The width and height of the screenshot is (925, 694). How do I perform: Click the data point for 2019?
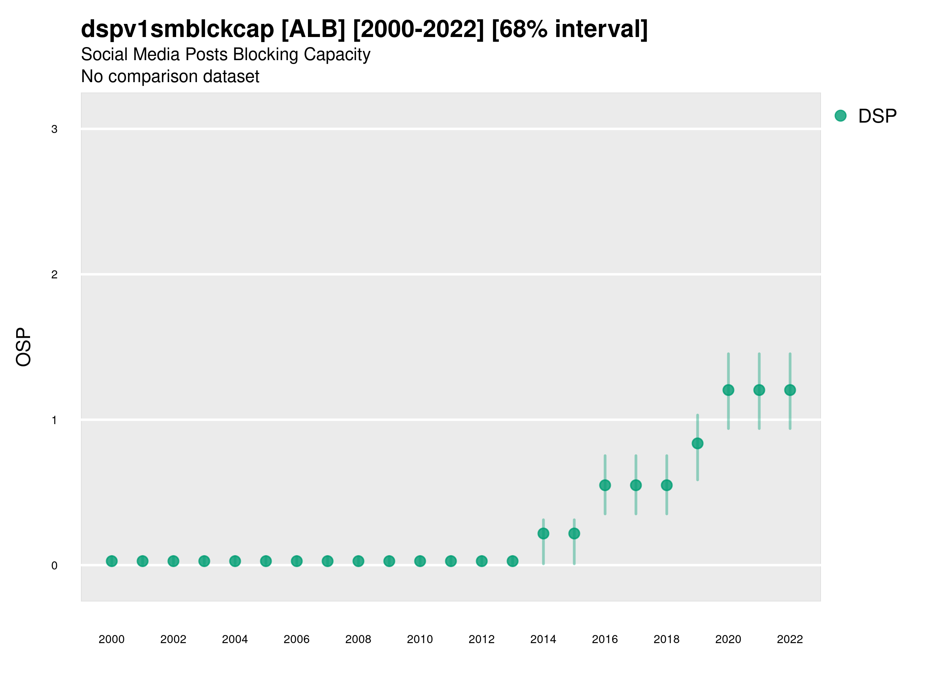(698, 443)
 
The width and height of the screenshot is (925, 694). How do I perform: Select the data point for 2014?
(543, 533)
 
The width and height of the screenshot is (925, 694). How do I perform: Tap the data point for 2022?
(790, 390)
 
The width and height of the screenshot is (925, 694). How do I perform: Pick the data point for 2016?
(605, 485)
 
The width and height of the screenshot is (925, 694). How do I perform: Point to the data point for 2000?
(112, 561)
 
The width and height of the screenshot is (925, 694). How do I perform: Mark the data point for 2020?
(728, 390)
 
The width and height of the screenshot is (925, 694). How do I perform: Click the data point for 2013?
(513, 561)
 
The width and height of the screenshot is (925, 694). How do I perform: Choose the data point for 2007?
(328, 561)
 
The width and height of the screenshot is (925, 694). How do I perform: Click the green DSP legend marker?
(841, 116)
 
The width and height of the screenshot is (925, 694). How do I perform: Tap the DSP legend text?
(877, 116)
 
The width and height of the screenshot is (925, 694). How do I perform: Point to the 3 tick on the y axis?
(54, 129)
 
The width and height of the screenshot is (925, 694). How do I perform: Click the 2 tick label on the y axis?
(54, 275)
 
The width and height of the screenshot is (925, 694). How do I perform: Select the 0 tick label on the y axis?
(54, 566)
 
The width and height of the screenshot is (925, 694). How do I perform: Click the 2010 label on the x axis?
(420, 640)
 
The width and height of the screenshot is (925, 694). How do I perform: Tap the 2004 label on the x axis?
(235, 640)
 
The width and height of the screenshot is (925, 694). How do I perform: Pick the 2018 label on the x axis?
(666, 640)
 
